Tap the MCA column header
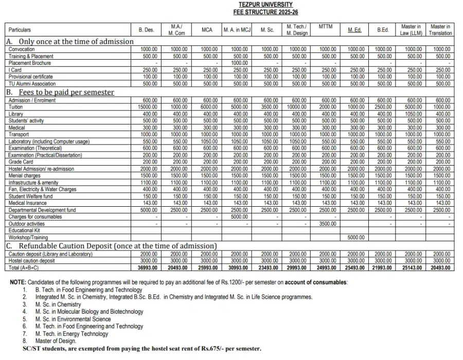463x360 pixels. (207, 30)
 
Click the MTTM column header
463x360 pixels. (325, 26)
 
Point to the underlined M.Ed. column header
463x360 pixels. (354, 30)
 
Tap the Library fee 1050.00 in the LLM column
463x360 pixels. (412, 113)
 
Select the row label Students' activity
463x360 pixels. (26, 120)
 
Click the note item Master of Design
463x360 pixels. (56, 340)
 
